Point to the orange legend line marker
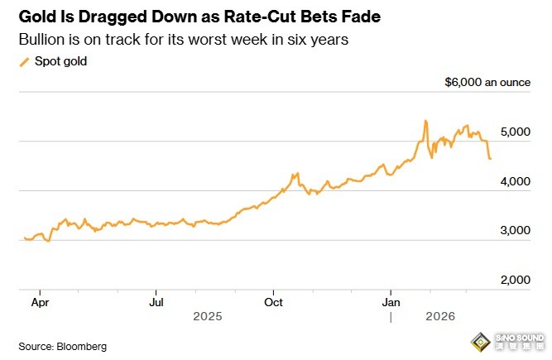pyautogui.click(x=23, y=61)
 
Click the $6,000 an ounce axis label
pyautogui.click(x=487, y=83)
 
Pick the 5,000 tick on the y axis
pyautogui.click(x=513, y=132)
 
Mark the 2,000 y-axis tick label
pyautogui.click(x=513, y=281)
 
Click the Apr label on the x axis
pyautogui.click(x=40, y=303)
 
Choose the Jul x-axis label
pyautogui.click(x=156, y=303)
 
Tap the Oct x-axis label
pyautogui.click(x=273, y=303)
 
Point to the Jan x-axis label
pyautogui.click(x=391, y=303)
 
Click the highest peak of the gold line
pyautogui.click(x=425, y=121)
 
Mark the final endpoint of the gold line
pyautogui.click(x=490, y=158)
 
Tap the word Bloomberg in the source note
pyautogui.click(x=81, y=346)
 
